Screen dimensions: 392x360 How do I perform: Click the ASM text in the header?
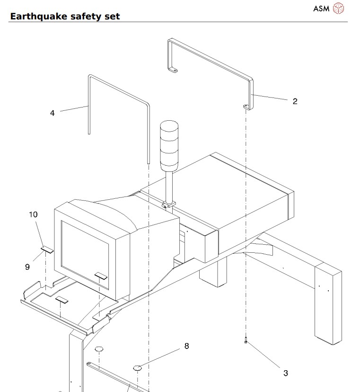(x=321, y=8)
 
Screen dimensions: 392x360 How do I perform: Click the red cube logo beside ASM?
(x=339, y=8)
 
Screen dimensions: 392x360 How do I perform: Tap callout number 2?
(x=295, y=101)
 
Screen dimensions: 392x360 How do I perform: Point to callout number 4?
(x=52, y=113)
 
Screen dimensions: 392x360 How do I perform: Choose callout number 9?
(x=27, y=267)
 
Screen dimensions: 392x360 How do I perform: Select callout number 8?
(x=186, y=346)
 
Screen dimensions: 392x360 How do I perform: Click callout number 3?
(x=285, y=373)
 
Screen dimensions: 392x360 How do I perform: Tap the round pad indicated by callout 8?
(x=138, y=367)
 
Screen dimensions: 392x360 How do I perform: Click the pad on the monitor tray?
(x=62, y=300)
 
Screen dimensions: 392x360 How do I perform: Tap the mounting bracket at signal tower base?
(x=168, y=205)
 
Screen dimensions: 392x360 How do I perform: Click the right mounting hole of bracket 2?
(x=246, y=106)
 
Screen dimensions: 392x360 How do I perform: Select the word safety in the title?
(x=82, y=17)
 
